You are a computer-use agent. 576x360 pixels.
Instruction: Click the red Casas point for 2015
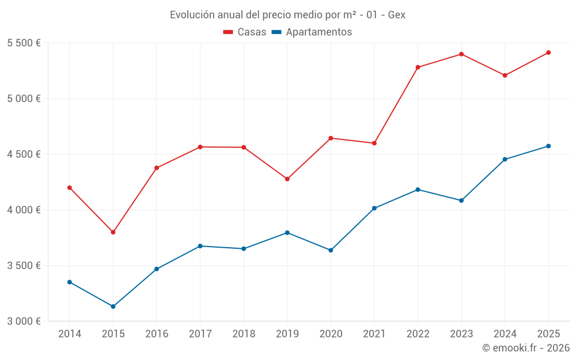[x=113, y=232]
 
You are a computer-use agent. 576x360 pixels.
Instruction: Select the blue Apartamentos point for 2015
[x=113, y=306]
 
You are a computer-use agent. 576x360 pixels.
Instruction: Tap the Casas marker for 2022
[x=418, y=67]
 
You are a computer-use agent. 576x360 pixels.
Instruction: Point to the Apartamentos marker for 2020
[x=331, y=250]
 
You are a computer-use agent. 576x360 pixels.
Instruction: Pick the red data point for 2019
[x=287, y=179]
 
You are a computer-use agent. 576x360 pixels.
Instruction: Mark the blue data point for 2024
[x=505, y=160]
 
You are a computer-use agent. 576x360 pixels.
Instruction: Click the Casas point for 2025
[x=548, y=52]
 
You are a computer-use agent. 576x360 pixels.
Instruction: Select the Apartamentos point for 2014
[x=70, y=282]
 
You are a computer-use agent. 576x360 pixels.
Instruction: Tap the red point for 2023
[x=461, y=54]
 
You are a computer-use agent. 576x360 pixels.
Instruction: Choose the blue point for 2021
[x=374, y=209]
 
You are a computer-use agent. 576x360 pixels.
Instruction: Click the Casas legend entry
[x=245, y=32]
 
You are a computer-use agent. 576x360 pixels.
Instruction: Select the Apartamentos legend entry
[x=312, y=32]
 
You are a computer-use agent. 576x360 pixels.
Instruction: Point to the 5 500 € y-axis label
[x=24, y=43]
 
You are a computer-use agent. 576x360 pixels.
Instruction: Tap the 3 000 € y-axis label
[x=24, y=321]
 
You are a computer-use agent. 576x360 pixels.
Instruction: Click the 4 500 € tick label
[x=24, y=154]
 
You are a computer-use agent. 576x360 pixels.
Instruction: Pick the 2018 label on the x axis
[x=244, y=334]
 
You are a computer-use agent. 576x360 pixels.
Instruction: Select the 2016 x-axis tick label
[x=157, y=334]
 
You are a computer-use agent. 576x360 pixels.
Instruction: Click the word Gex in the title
[x=396, y=15]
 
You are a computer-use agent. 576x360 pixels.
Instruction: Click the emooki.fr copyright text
[x=526, y=347]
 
